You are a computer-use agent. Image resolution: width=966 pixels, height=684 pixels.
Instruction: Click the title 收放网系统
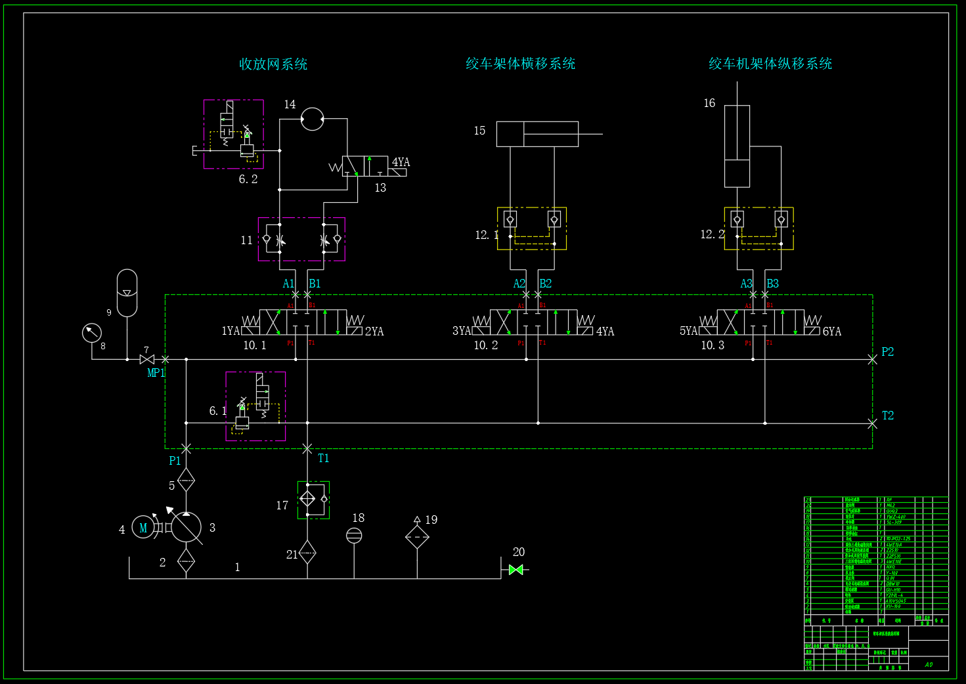click(273, 64)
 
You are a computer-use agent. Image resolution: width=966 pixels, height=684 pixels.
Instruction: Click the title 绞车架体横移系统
click(520, 64)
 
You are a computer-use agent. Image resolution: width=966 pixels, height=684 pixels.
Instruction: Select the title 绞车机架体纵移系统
click(770, 64)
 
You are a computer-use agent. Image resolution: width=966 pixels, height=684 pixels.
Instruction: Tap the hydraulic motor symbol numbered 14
click(313, 119)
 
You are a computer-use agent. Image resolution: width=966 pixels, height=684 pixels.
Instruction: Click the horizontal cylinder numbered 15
click(537, 134)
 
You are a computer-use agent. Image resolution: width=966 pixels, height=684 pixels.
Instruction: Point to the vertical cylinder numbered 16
click(737, 146)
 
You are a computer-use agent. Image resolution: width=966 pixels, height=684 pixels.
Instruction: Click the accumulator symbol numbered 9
click(127, 293)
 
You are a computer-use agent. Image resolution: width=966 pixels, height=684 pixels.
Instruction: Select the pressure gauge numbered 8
click(92, 332)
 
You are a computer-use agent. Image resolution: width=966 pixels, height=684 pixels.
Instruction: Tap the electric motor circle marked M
click(143, 527)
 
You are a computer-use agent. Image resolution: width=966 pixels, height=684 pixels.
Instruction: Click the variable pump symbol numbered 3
click(187, 527)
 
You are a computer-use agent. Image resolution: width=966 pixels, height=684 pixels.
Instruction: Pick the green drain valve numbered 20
click(516, 570)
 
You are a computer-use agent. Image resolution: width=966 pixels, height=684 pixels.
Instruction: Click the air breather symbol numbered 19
click(417, 536)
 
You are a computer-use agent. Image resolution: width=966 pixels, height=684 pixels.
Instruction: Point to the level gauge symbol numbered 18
click(354, 536)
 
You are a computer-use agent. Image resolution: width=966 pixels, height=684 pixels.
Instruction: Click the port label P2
click(887, 352)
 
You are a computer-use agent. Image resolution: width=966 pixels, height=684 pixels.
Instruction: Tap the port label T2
click(887, 416)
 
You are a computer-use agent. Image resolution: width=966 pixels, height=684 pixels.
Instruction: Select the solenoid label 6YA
click(831, 331)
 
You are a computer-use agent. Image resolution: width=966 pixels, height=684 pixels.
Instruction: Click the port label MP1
click(156, 373)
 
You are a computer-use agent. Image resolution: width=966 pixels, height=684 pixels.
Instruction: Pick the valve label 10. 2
click(486, 345)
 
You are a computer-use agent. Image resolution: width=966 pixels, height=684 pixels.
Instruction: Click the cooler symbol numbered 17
click(313, 500)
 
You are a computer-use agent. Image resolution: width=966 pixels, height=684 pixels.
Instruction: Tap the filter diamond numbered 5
click(187, 481)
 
